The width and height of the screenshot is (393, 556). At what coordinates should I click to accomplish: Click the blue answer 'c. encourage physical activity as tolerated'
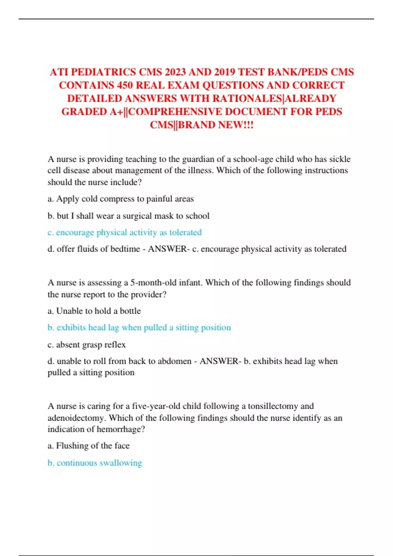click(124, 233)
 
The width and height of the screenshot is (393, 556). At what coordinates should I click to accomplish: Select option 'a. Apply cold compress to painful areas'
click(121, 199)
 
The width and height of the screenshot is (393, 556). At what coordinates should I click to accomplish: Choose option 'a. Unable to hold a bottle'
click(94, 311)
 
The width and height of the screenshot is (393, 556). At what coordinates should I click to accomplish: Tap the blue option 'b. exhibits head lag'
click(139, 328)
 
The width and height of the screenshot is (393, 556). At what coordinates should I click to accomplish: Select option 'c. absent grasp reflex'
click(86, 345)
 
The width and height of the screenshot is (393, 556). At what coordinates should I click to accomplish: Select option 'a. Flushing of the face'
click(88, 446)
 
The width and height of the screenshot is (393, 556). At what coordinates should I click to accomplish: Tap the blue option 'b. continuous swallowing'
click(95, 463)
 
